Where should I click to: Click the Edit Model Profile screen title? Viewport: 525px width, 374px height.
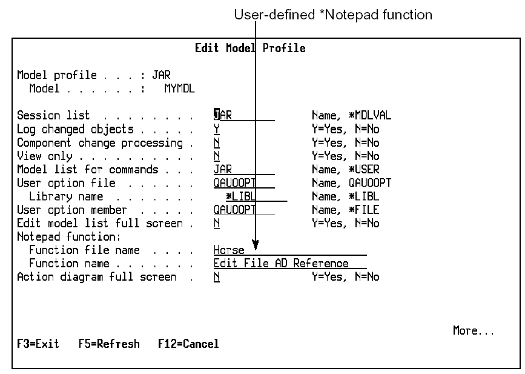pos(250,48)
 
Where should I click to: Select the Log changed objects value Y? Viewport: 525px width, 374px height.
pos(217,129)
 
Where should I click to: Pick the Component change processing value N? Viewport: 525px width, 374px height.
pos(217,142)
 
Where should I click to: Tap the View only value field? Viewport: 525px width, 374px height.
pos(217,156)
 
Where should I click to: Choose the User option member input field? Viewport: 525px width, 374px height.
pos(235,210)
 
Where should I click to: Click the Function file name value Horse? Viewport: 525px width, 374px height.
pos(229,250)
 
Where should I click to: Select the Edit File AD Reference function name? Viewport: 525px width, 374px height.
pos(281,264)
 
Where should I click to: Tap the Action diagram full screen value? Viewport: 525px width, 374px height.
pos(217,277)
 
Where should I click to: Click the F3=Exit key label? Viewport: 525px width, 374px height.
pos(38,344)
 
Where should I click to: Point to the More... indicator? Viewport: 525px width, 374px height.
pos(474,331)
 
